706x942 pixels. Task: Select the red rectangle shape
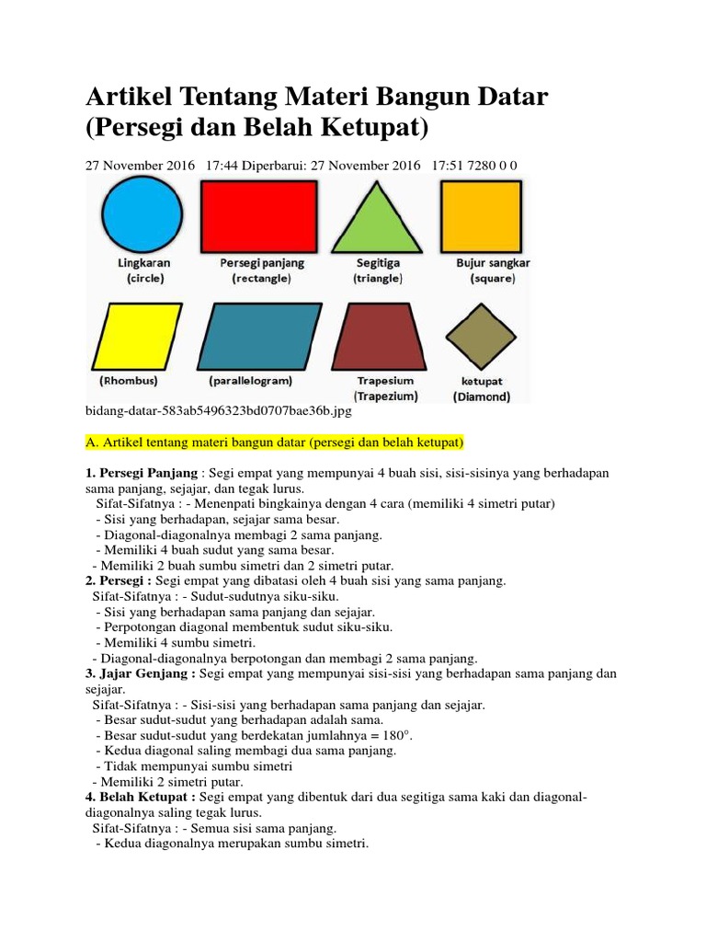(259, 216)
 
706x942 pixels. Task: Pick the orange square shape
(484, 216)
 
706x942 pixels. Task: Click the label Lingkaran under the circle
(144, 262)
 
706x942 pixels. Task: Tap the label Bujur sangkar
(493, 262)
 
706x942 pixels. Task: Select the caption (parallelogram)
(251, 380)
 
